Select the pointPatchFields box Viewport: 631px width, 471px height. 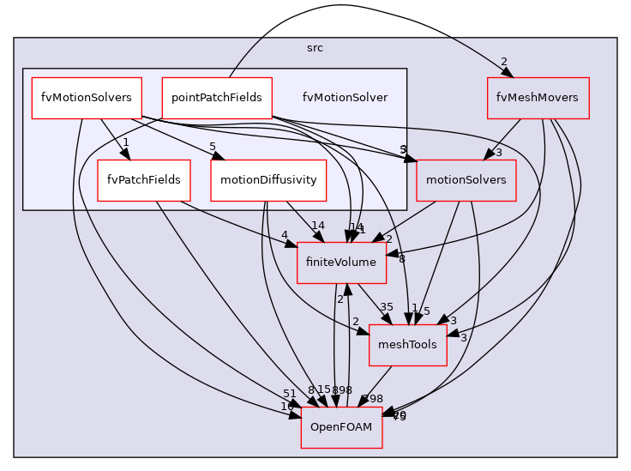217,98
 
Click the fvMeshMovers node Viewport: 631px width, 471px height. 538,98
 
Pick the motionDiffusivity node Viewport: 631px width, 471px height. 268,180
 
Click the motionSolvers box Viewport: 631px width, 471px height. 466,180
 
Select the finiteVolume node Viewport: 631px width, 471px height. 341,263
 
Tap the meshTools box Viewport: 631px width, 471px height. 407,345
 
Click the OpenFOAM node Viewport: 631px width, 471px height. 341,427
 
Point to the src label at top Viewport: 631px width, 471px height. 315,48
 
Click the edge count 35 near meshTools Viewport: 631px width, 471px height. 387,307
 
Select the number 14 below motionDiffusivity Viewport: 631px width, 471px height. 318,226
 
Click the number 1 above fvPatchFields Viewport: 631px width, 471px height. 125,142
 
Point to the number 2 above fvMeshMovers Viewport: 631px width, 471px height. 504,61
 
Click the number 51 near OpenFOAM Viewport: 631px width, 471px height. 290,394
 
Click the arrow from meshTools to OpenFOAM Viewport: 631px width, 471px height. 375,385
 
